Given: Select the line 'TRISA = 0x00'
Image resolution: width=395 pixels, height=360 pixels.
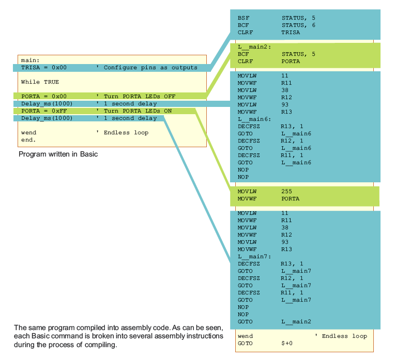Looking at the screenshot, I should [x=44, y=68].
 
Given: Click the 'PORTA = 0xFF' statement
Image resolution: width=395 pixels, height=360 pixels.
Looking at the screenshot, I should [x=44, y=111].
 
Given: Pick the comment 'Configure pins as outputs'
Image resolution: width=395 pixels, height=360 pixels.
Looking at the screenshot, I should [x=150, y=68].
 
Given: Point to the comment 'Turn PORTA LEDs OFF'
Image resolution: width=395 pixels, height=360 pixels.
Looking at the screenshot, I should [x=140, y=97].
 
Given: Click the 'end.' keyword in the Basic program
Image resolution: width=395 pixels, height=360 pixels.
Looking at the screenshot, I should [x=28, y=140].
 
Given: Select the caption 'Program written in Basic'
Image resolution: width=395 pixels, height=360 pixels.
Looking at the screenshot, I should [x=58, y=154].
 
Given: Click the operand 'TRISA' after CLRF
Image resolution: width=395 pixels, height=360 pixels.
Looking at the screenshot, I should [x=291, y=32].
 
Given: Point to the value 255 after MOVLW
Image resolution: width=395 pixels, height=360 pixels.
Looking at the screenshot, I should [x=287, y=191].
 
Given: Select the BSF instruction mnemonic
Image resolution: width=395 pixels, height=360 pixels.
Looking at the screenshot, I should [x=243, y=18].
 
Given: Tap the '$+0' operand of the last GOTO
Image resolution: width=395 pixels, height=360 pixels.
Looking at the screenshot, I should [x=287, y=343].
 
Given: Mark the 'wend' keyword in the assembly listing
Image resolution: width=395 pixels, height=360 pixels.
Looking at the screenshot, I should [x=245, y=336].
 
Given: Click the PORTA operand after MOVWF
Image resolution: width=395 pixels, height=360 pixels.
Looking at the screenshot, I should [x=291, y=198].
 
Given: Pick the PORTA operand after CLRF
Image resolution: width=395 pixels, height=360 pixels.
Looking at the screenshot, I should [x=291, y=61].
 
